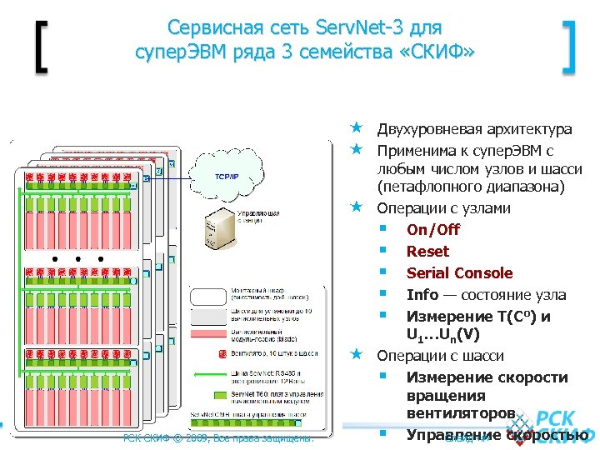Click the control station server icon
[x=218, y=227]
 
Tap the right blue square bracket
[x=570, y=48]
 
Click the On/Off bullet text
[x=433, y=229]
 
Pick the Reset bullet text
[x=427, y=251]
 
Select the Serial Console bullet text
[x=459, y=272]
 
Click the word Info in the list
[x=422, y=294]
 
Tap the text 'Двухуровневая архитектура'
[x=474, y=129]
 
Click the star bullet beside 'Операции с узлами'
[x=356, y=206]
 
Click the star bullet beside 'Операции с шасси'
[x=356, y=354]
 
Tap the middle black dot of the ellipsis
[x=77, y=259]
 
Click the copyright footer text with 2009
[x=217, y=437]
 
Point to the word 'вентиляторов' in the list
[x=460, y=413]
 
